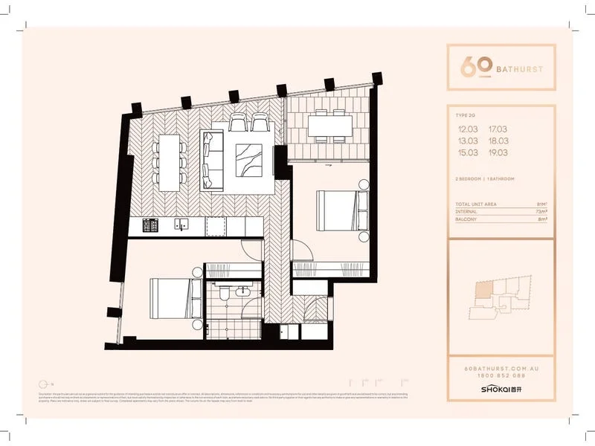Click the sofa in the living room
(211, 157)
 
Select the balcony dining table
(329, 126)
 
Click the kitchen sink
(181, 224)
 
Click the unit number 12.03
(469, 129)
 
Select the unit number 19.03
(509, 151)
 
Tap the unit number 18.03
(509, 140)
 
